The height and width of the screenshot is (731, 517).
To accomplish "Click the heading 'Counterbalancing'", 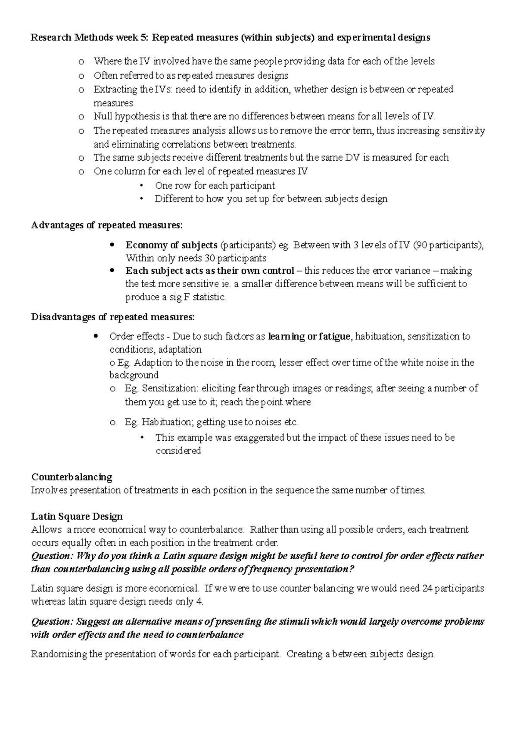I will coord(72,477).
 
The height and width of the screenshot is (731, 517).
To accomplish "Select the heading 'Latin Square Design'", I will coord(77,516).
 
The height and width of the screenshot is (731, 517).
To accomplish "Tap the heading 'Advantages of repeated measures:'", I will coord(107,225).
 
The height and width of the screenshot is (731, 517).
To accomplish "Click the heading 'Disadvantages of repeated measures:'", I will coord(113,317).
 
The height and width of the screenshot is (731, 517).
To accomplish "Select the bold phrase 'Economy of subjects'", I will coord(171,245).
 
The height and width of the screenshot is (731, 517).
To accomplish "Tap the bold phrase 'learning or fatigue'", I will coord(309,336).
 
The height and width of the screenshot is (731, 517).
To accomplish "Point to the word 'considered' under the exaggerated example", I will coord(178,451).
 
